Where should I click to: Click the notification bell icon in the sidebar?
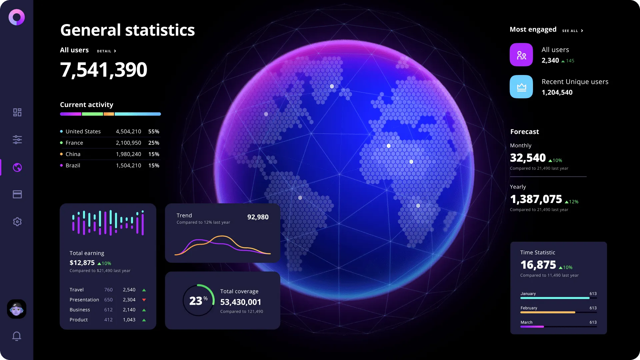click(17, 336)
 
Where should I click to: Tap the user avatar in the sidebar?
click(17, 309)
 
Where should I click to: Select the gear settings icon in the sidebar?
click(17, 222)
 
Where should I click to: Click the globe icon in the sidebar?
click(17, 167)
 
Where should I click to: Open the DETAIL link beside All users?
click(106, 51)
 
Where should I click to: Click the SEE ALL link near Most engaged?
click(572, 31)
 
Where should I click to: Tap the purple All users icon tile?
click(521, 55)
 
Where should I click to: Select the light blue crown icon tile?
click(521, 87)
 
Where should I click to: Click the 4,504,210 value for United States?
click(128, 131)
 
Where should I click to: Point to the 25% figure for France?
click(154, 143)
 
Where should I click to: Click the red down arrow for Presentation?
click(144, 300)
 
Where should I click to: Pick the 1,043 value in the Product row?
click(129, 320)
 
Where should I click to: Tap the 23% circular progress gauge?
click(198, 300)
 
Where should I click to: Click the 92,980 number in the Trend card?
click(258, 217)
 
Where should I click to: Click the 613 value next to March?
click(593, 322)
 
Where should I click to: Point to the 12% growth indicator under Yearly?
click(572, 202)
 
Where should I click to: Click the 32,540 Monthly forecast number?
click(528, 158)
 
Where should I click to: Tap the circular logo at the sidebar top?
click(17, 17)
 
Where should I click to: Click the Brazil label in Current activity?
click(73, 165)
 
